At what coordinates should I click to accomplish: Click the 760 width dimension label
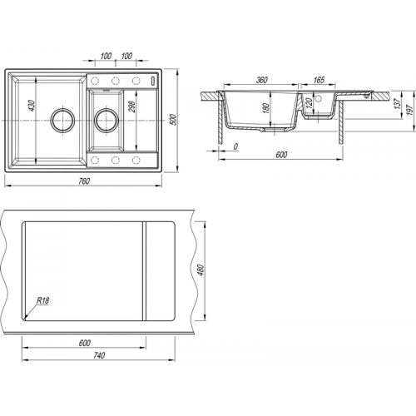pyautogui.click(x=84, y=181)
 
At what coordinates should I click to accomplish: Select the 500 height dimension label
pyautogui.click(x=174, y=120)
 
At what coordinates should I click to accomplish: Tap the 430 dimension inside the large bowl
pyautogui.click(x=32, y=106)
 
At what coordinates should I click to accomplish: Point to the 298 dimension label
pyautogui.click(x=131, y=106)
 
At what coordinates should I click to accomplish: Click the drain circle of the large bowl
pyautogui.click(x=62, y=120)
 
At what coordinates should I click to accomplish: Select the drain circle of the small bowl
pyautogui.click(x=106, y=120)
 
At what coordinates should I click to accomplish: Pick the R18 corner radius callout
pyautogui.click(x=43, y=301)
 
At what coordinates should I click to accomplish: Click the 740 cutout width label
pyautogui.click(x=99, y=355)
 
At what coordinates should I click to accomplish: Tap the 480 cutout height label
pyautogui.click(x=201, y=270)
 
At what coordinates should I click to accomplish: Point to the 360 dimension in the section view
pyautogui.click(x=261, y=80)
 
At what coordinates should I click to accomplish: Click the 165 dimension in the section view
pyautogui.click(x=319, y=80)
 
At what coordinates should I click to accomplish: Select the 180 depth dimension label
pyautogui.click(x=265, y=108)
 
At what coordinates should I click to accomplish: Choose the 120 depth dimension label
pyautogui.click(x=310, y=103)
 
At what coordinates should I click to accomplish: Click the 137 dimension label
pyautogui.click(x=398, y=103)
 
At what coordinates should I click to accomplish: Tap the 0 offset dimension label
pyautogui.click(x=235, y=146)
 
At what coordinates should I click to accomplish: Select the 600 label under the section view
pyautogui.click(x=281, y=155)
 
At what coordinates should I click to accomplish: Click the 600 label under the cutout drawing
pyautogui.click(x=84, y=343)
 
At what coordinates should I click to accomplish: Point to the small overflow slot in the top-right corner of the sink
pyautogui.click(x=153, y=81)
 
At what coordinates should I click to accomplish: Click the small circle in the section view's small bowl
pyautogui.click(x=318, y=98)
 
